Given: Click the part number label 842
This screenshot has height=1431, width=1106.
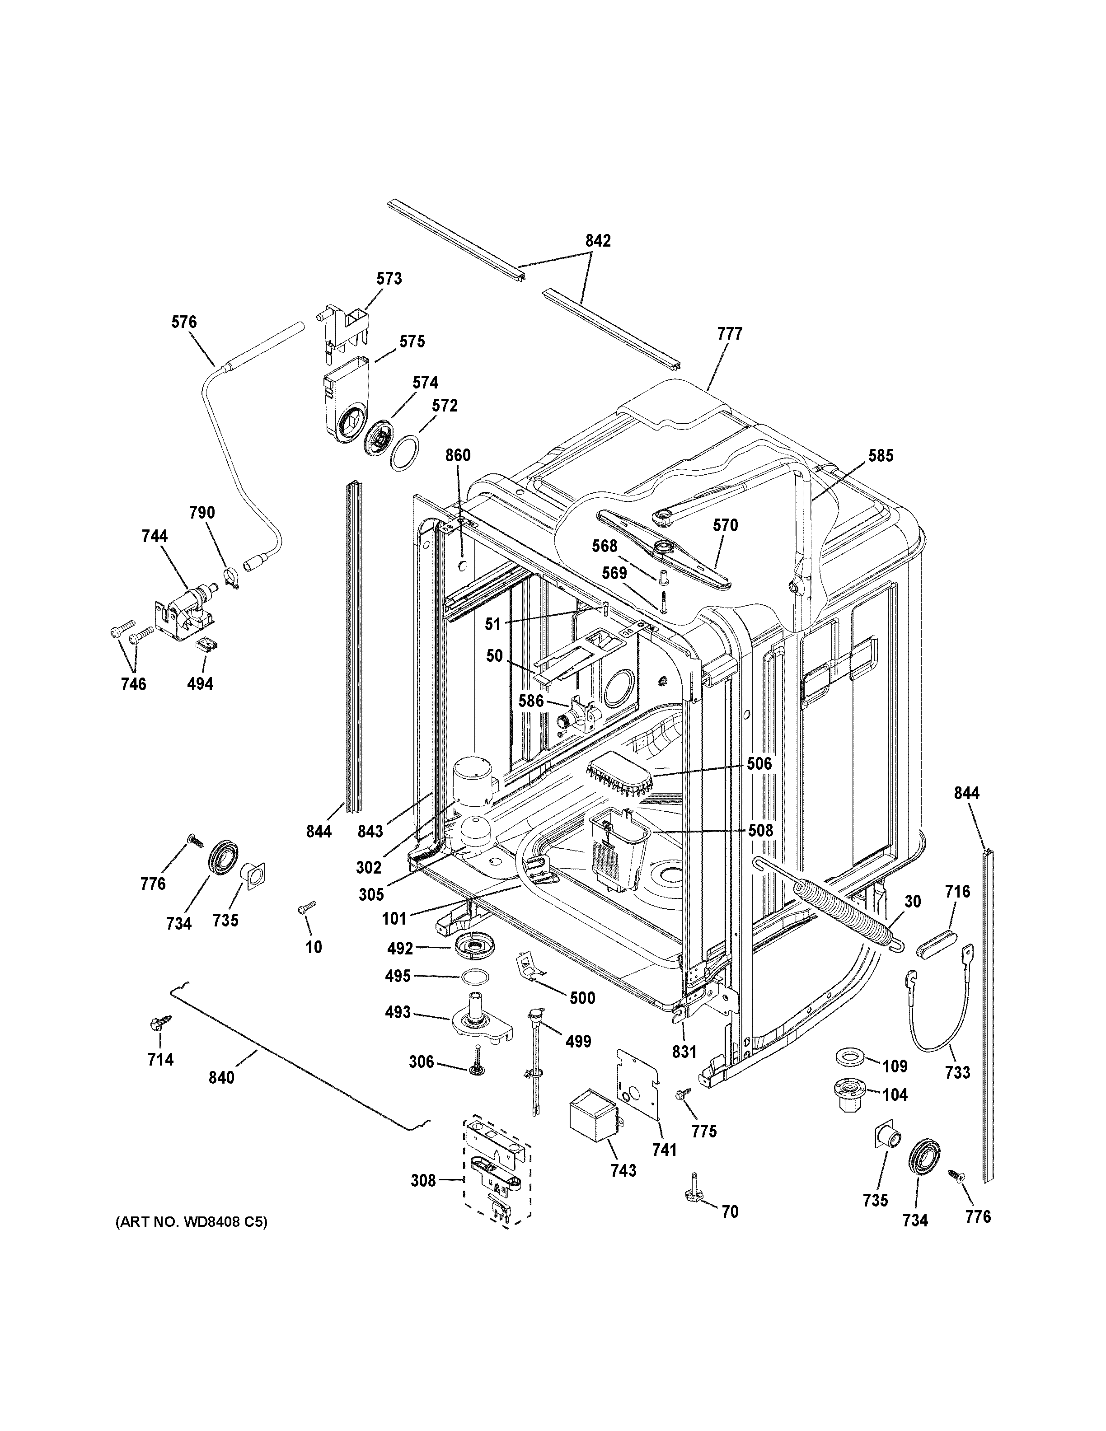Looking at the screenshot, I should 598,241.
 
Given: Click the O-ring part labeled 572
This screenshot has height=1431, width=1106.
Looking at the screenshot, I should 403,452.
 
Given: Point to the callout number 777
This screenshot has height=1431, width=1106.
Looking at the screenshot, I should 729,334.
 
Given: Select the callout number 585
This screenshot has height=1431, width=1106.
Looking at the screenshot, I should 881,455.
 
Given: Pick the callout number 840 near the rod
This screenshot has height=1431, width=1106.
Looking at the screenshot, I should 221,1077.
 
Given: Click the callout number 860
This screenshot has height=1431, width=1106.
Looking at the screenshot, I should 458,455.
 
